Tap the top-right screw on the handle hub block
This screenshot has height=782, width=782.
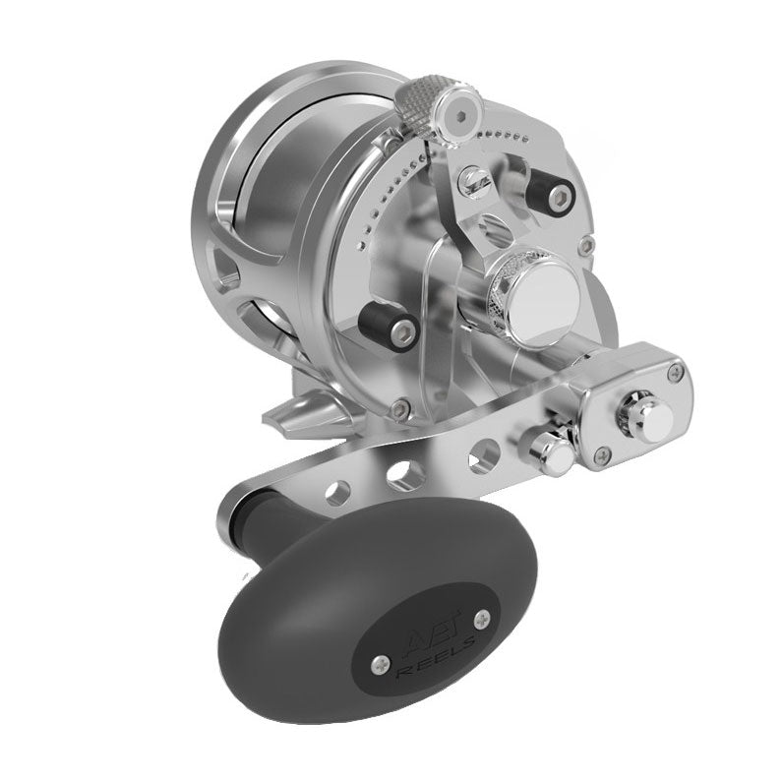[x=675, y=371]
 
